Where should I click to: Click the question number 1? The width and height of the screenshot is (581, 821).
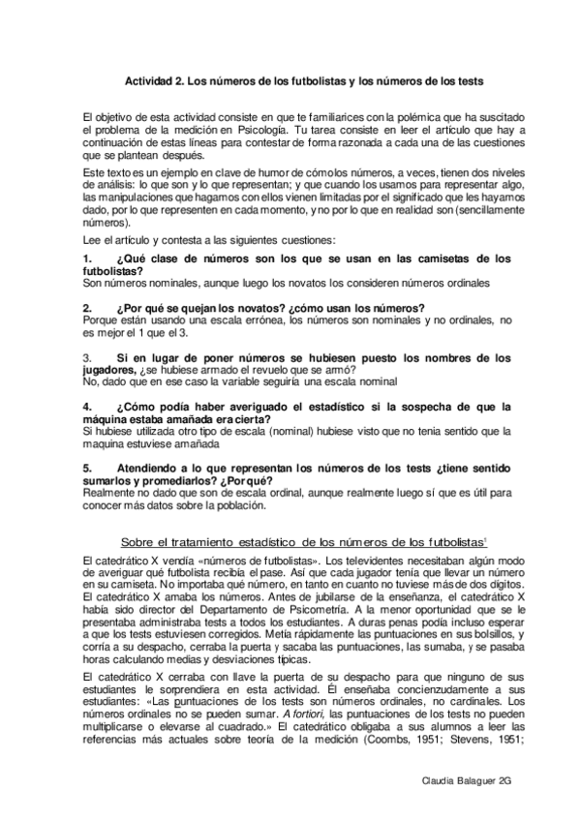click(88, 258)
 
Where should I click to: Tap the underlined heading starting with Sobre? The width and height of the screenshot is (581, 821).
click(301, 539)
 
